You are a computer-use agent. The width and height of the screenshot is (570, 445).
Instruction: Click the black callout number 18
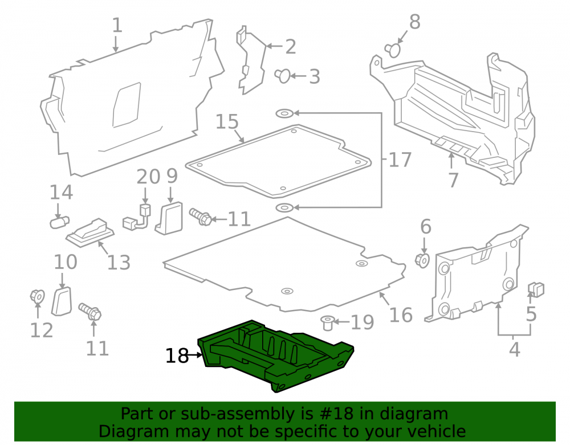[x=177, y=356]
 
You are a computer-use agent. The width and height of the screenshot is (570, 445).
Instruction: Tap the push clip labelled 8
[x=393, y=50]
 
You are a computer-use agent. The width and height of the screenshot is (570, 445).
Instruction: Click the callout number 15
[x=227, y=122]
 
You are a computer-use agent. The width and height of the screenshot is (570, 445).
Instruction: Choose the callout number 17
[x=400, y=160]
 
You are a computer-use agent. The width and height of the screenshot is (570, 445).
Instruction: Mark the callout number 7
[x=453, y=181]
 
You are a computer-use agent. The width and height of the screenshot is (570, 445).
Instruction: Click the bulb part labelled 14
[x=59, y=222]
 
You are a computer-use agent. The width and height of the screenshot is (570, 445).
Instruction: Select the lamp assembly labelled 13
[x=90, y=233]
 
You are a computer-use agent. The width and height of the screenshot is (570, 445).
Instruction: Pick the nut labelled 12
[x=37, y=296]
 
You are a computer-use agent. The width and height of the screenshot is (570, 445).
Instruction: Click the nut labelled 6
[x=422, y=260]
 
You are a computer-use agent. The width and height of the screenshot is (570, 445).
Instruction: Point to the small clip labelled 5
[x=536, y=289]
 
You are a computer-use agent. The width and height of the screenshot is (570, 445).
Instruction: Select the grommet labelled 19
[x=328, y=323]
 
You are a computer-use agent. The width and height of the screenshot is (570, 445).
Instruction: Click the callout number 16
[x=401, y=315]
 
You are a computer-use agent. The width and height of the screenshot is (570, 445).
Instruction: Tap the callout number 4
[x=514, y=349]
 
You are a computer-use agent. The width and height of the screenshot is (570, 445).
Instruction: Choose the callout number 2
[x=291, y=47]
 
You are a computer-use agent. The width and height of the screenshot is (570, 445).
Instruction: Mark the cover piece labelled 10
[x=62, y=301]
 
